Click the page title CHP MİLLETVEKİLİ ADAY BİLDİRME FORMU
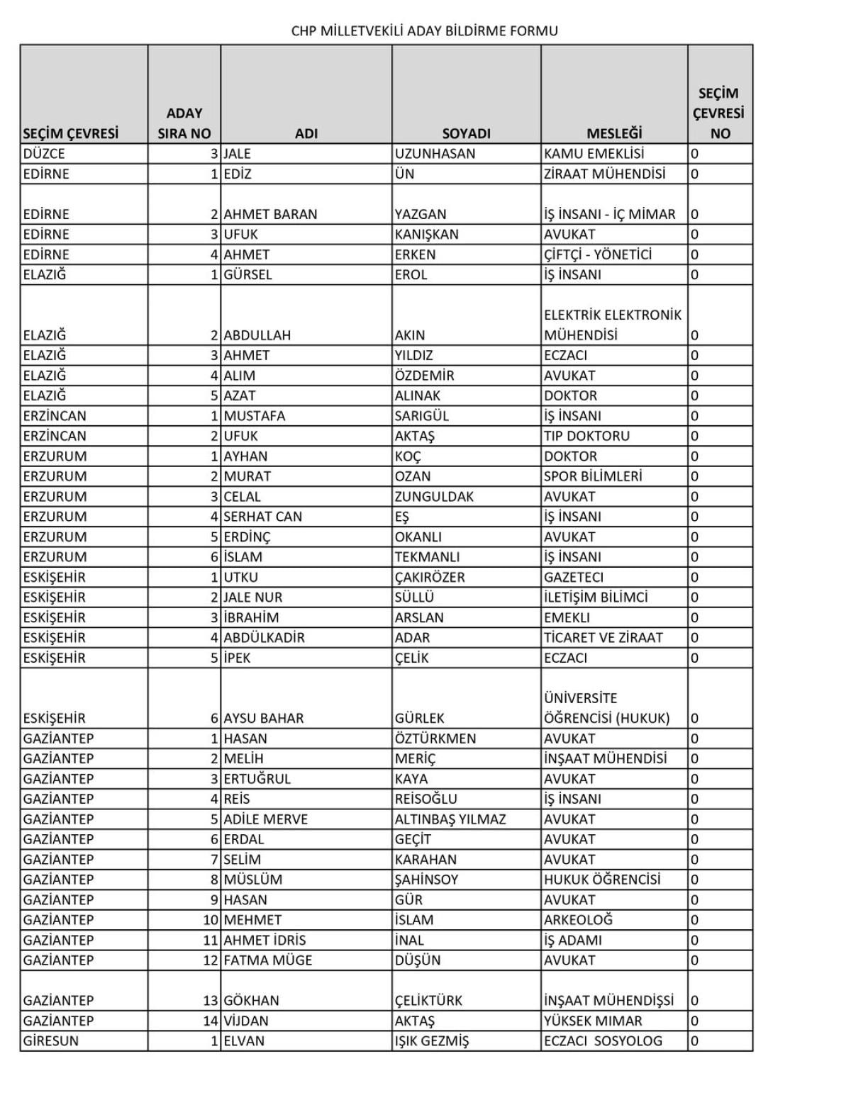click(424, 30)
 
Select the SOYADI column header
click(466, 133)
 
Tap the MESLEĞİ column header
click(613, 133)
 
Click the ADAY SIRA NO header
click(184, 123)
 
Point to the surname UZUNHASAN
click(435, 154)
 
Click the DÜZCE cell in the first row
click(44, 154)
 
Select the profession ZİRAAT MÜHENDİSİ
click(604, 174)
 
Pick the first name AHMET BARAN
click(270, 214)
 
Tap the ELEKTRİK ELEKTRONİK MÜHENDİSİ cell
click(612, 325)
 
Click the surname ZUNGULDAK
click(434, 496)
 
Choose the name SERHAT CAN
click(262, 517)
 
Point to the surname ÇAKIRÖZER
click(430, 577)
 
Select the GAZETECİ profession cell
click(574, 577)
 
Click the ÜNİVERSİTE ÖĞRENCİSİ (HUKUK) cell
click(606, 708)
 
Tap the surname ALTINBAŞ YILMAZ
click(450, 819)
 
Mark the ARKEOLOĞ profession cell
click(578, 920)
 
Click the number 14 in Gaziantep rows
click(210, 1021)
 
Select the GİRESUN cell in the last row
click(51, 1041)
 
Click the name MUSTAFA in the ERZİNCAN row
click(254, 416)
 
